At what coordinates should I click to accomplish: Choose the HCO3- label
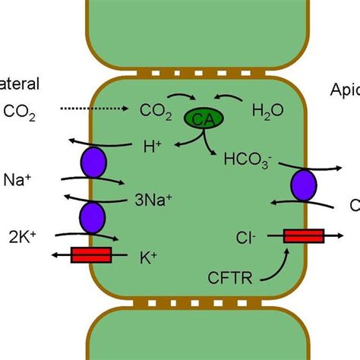click(x=245, y=160)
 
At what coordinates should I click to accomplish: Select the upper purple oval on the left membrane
click(x=92, y=164)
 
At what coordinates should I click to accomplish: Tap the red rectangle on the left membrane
click(x=91, y=254)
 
